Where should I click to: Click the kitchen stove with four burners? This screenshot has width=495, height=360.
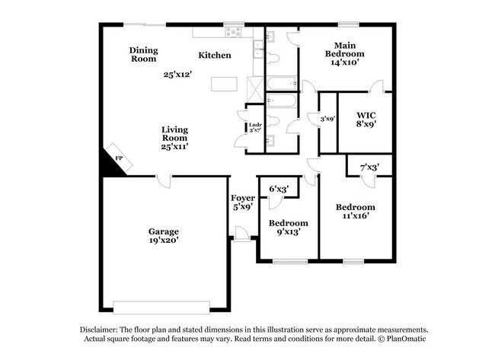(232, 32)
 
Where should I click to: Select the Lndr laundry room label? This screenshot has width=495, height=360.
(254, 125)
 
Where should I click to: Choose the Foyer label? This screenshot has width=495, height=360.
(243, 198)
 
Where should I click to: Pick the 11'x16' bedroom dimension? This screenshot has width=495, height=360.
(354, 216)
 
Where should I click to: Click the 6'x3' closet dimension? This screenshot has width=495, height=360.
(278, 188)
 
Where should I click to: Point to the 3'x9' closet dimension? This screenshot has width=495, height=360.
(327, 118)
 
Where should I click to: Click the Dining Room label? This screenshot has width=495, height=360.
(143, 54)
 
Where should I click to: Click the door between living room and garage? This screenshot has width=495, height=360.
(163, 180)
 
